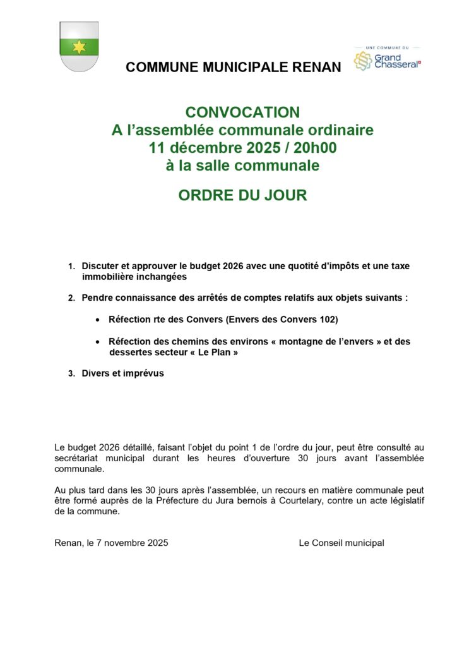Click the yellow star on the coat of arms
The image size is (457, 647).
pos(79,47)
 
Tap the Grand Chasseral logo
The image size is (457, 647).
pos(387,60)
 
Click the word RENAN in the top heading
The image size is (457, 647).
pos(316,67)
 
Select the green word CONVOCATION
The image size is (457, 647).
pos(242,112)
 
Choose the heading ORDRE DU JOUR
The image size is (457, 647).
pos(242,195)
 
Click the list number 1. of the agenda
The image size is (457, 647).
pos(71,267)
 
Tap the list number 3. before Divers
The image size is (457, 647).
pos(71,374)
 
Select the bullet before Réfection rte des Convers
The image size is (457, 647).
pos(97,320)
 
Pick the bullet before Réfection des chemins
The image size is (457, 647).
pos(97,342)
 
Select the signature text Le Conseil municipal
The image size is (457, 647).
pos(341,543)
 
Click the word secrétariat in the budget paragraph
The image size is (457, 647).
pos(80,458)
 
